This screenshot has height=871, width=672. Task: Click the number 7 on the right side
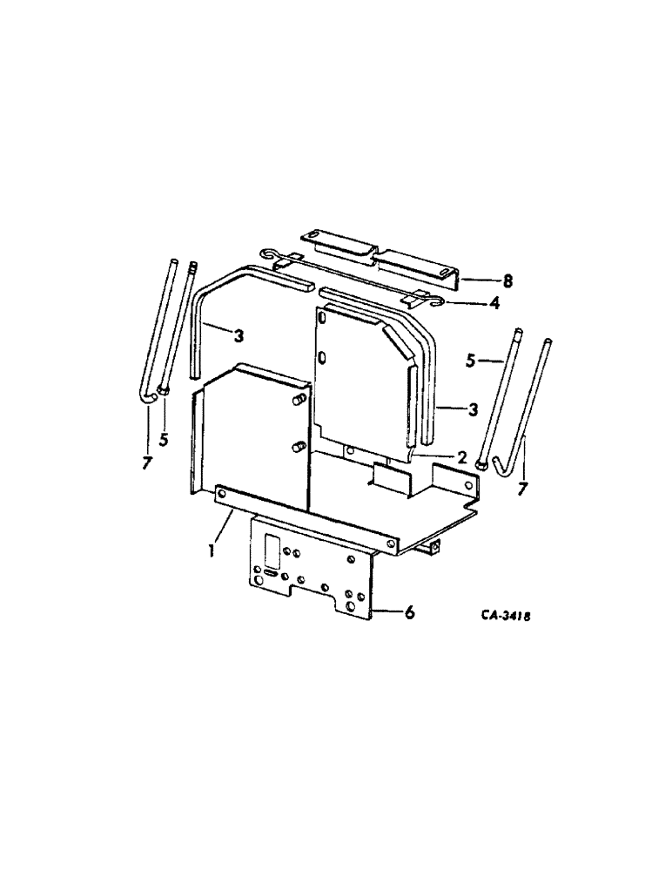pyautogui.click(x=522, y=490)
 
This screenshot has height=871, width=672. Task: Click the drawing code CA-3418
pyautogui.click(x=505, y=615)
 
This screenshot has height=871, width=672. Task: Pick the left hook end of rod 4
pyautogui.click(x=273, y=255)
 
